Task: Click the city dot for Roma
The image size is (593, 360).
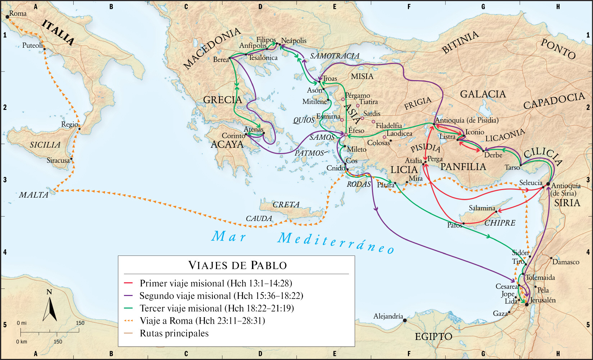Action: pyautogui.click(x=7, y=17)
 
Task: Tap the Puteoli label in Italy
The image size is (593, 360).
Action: pyautogui.click(x=32, y=46)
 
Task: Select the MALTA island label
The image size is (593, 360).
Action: pyautogui.click(x=33, y=195)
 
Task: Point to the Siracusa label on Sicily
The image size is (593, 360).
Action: pyautogui.click(x=58, y=160)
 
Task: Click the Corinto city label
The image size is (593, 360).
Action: pyautogui.click(x=233, y=136)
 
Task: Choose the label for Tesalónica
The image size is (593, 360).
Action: pyautogui.click(x=263, y=57)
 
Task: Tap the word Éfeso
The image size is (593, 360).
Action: pyautogui.click(x=356, y=130)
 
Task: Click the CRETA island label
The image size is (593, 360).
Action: pyautogui.click(x=286, y=204)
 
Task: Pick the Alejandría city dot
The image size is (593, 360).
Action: pyautogui.click(x=405, y=320)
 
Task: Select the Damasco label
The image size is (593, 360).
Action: pyautogui.click(x=566, y=262)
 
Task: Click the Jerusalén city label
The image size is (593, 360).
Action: pyautogui.click(x=543, y=300)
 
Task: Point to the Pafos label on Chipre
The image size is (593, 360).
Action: pyautogui.click(x=455, y=225)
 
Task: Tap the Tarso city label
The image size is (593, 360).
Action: pyautogui.click(x=512, y=167)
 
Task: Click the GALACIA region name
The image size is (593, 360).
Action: pyautogui.click(x=483, y=94)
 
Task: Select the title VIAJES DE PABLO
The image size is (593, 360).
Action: pyautogui.click(x=238, y=265)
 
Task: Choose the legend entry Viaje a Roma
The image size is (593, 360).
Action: pyautogui.click(x=202, y=320)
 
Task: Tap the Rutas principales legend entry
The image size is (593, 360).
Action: pyautogui.click(x=174, y=333)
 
